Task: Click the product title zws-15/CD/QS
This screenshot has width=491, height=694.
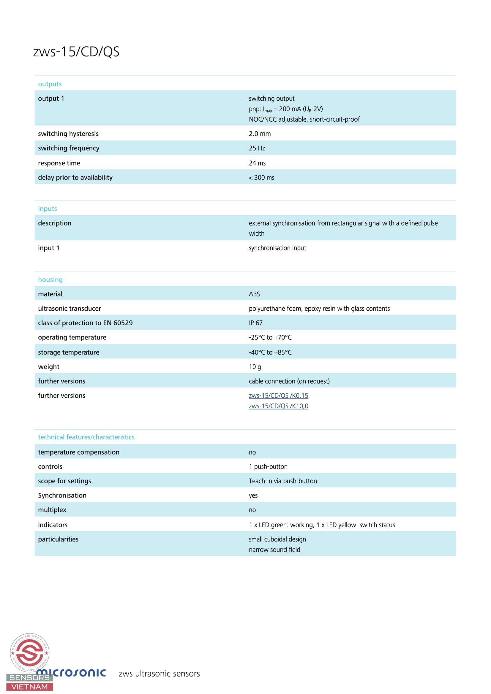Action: (x=76, y=52)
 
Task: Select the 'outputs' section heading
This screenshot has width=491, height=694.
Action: (x=50, y=84)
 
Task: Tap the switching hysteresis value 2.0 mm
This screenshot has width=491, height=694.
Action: (x=260, y=134)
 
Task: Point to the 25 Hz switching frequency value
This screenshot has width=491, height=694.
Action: (x=257, y=148)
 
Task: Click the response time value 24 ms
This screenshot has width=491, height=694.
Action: (x=257, y=163)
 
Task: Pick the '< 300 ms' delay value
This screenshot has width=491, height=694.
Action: (x=261, y=178)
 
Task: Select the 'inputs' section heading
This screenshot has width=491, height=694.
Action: (x=48, y=209)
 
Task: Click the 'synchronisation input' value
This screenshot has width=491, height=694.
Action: (x=277, y=248)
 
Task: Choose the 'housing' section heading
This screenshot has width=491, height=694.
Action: (x=50, y=279)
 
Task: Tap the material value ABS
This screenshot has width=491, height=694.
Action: (x=254, y=294)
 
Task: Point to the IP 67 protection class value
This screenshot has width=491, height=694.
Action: (x=256, y=323)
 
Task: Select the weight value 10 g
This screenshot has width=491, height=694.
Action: (x=255, y=367)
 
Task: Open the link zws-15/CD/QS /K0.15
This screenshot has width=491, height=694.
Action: (x=278, y=396)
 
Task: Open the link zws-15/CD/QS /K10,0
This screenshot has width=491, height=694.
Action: (x=278, y=406)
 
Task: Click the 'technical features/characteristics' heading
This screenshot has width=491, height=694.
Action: (x=86, y=437)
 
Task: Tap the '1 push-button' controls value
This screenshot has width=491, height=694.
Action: (x=268, y=467)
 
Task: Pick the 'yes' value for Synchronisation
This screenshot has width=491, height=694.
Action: (x=253, y=496)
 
